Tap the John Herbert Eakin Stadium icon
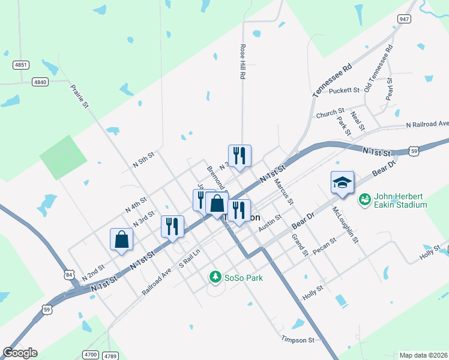[x=364, y=199]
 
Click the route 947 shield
[x=404, y=19]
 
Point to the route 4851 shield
[x=21, y=64]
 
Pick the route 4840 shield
[x=40, y=82]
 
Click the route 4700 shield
[x=91, y=355]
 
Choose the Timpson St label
[x=298, y=340]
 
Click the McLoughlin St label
[x=345, y=224]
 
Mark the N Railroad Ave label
[x=427, y=124]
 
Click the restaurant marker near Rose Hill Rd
[x=240, y=155]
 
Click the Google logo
[x=20, y=353]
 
